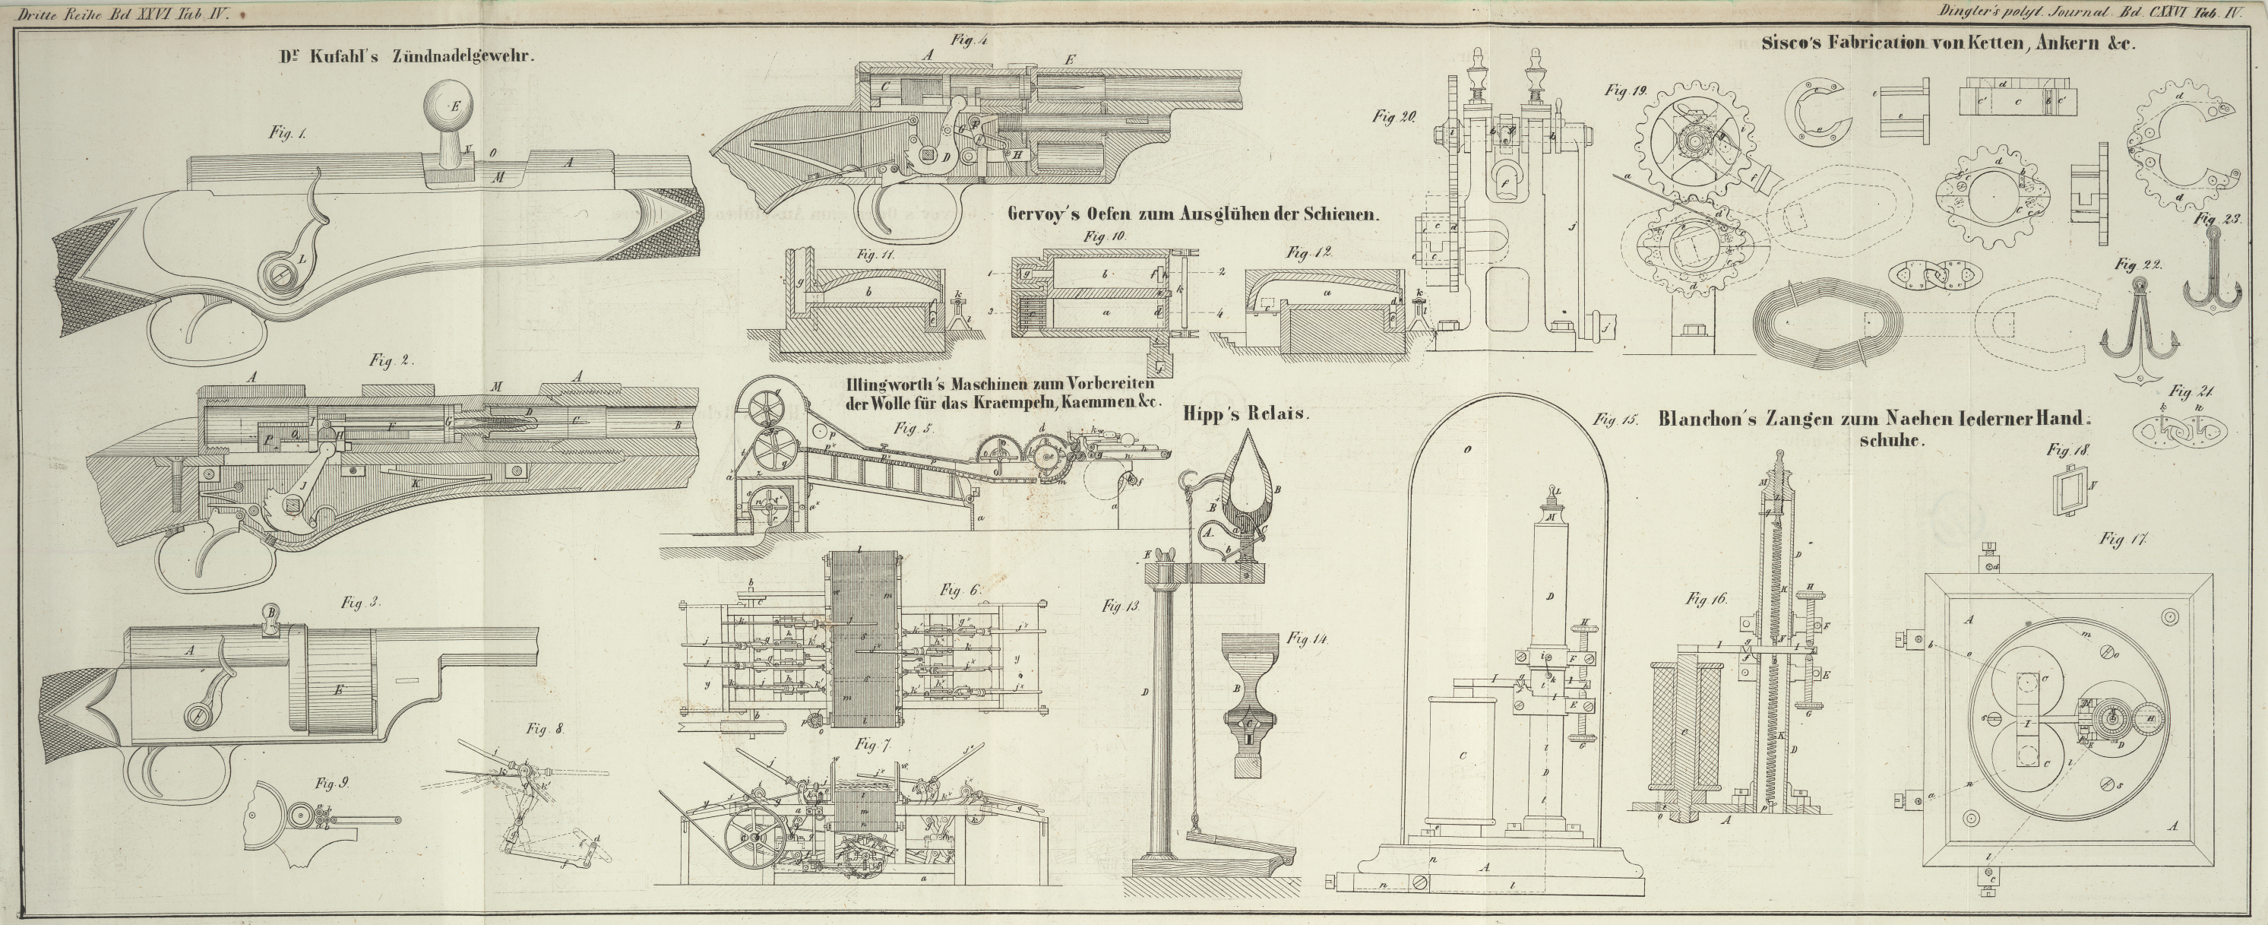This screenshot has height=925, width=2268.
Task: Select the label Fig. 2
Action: click(x=393, y=360)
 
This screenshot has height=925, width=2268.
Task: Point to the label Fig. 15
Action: click(x=1615, y=421)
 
